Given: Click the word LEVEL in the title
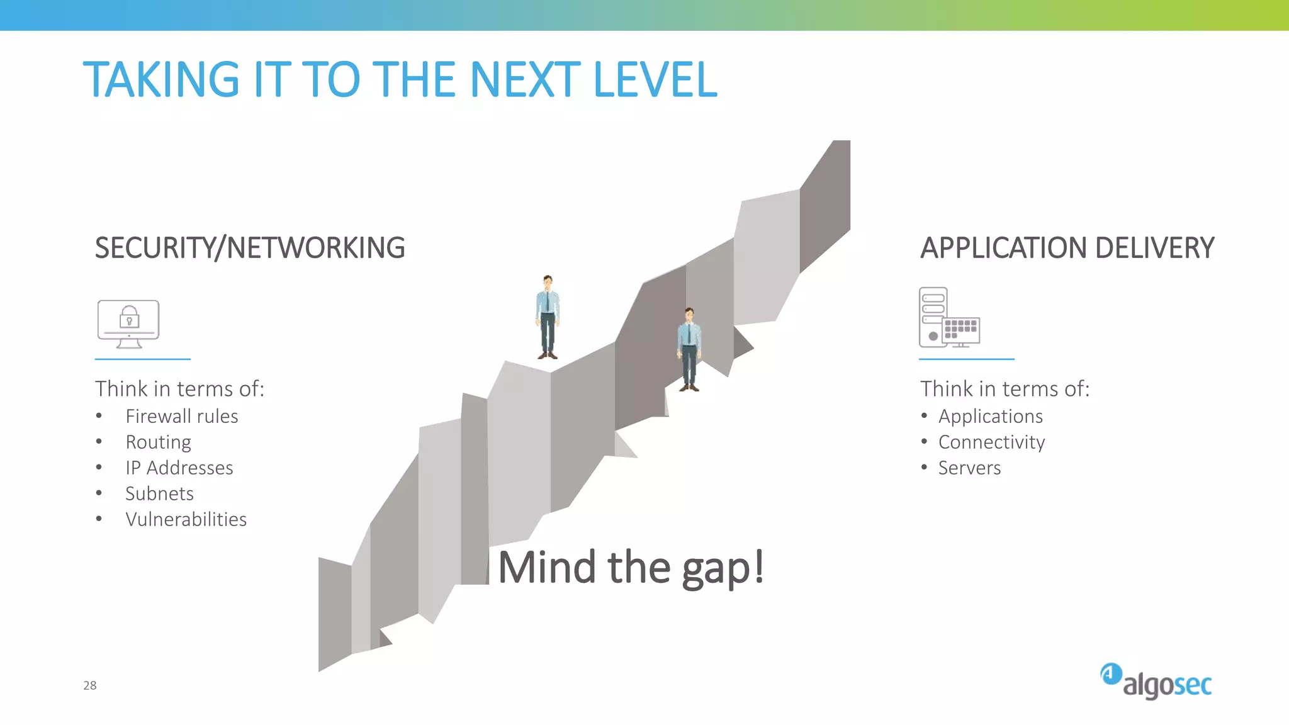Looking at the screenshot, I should (655, 80).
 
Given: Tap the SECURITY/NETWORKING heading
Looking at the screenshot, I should (250, 248).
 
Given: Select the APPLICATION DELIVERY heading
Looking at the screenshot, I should (1067, 248).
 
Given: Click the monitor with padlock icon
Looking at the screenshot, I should (128, 323).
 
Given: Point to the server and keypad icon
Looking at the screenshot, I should (949, 318).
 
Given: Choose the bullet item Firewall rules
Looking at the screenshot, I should (181, 417).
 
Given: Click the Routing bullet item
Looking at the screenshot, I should (158, 442).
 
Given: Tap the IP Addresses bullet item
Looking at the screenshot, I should (179, 468).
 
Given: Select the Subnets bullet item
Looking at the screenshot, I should (159, 494).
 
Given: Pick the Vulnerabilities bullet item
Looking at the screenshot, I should (186, 520).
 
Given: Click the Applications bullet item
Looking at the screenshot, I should (990, 417).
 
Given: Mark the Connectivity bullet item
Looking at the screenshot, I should (991, 442).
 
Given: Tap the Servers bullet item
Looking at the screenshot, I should (969, 468).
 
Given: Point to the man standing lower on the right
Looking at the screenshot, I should (689, 349).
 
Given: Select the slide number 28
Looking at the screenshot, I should (90, 685).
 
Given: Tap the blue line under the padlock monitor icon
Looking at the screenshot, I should (143, 359).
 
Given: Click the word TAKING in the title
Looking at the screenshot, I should (161, 80).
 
